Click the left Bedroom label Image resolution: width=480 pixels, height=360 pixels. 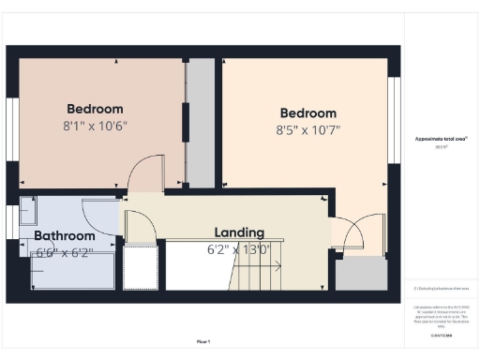coord(96,107)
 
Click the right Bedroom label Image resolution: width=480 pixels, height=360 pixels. coord(307,113)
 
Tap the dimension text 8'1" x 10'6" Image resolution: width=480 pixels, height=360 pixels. coord(96,125)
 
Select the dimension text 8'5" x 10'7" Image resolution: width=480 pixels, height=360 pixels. coord(307,130)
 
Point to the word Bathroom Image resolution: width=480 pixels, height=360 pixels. coord(65,235)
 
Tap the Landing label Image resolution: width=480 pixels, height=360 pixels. coord(239,232)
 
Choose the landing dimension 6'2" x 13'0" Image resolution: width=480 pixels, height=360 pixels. coord(238,249)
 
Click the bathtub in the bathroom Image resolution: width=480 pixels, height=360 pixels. coord(71,271)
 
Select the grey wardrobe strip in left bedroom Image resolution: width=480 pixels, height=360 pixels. coord(200,122)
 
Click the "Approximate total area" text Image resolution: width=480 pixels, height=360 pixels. coord(442,139)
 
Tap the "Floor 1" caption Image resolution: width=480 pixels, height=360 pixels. coord(203,341)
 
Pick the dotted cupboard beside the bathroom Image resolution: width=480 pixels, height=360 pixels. coord(141,268)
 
